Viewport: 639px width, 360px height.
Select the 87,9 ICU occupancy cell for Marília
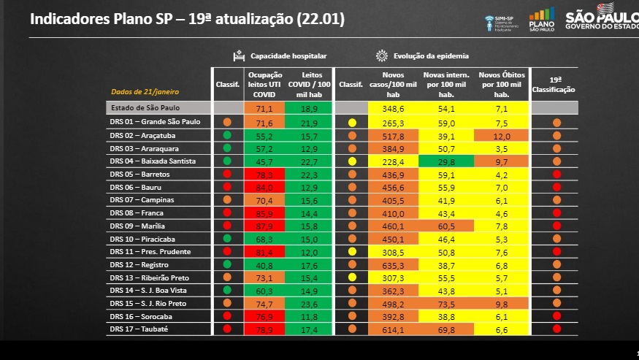click(x=264, y=226)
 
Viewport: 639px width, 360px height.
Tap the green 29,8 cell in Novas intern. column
click(x=445, y=161)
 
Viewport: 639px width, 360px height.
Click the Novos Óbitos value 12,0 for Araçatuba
click(x=501, y=136)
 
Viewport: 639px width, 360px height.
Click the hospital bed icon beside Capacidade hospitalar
click(x=238, y=55)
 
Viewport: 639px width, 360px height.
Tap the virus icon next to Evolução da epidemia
click(x=381, y=55)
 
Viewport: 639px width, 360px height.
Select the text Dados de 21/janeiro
click(x=145, y=92)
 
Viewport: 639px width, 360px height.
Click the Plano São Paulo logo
click(x=541, y=19)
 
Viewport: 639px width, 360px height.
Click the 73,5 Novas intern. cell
click(x=445, y=303)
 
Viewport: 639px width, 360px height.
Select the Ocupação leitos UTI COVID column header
click(x=264, y=84)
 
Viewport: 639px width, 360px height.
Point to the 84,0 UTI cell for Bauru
click(x=264, y=187)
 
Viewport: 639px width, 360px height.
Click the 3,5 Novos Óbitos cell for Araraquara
click(x=501, y=148)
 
